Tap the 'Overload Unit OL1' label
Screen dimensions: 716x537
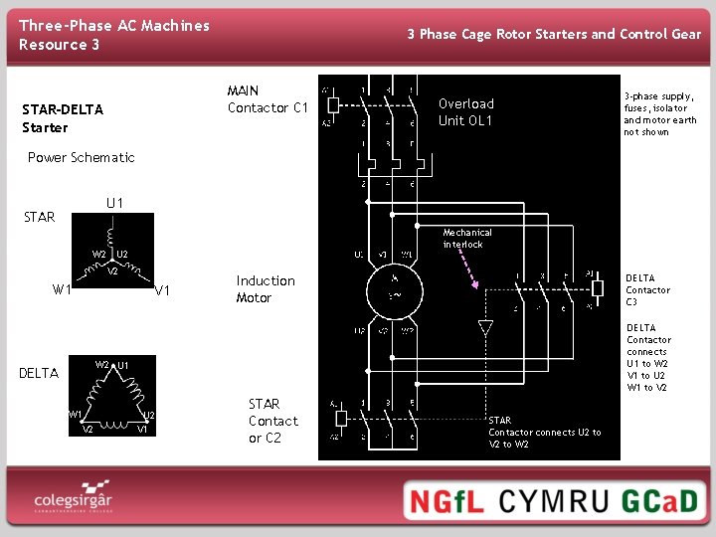pos(466,112)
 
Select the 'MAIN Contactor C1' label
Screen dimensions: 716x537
pos(268,99)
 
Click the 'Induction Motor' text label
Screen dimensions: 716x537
pos(266,289)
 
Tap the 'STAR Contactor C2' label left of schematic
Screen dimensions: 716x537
pos(271,421)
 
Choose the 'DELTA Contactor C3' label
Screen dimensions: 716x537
pos(647,290)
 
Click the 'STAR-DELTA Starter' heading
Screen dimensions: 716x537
pos(62,118)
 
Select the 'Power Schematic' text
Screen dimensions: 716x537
pos(81,157)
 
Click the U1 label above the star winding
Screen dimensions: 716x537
pos(114,204)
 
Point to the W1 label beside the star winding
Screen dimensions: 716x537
pos(62,290)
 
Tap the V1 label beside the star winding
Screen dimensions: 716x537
pos(164,290)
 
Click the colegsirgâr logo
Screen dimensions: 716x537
pos(73,498)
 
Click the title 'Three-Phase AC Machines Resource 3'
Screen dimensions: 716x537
pos(114,35)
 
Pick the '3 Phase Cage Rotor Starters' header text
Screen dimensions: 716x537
pos(554,34)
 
